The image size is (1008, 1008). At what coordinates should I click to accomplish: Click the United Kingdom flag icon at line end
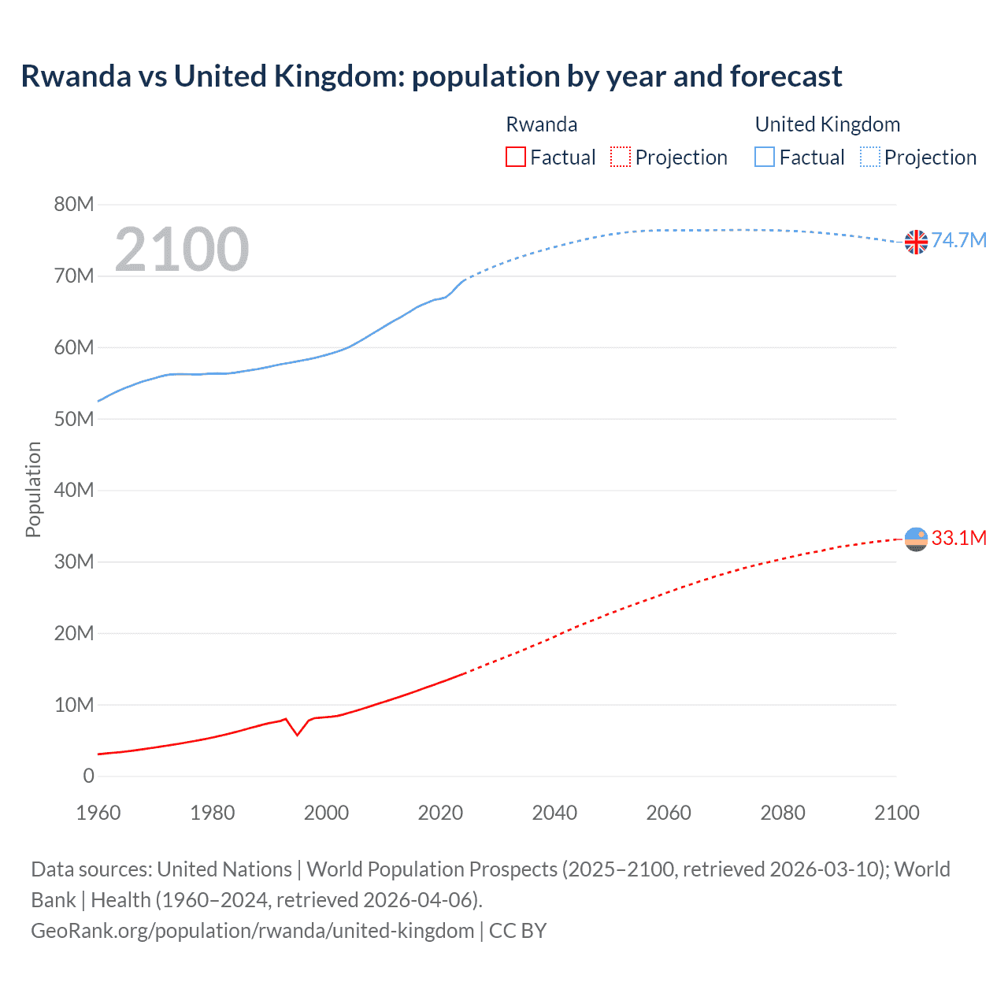916,242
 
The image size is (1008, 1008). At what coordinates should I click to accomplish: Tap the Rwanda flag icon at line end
916,539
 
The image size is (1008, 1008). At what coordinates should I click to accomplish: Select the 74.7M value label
958,240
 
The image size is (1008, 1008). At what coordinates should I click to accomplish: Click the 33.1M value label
958,538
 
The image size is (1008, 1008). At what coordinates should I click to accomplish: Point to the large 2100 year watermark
182,250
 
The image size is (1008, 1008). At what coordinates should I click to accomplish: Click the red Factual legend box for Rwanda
515,157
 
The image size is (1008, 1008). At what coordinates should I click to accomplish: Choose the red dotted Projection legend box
620,157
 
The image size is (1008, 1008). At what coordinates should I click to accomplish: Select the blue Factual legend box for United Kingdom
764,157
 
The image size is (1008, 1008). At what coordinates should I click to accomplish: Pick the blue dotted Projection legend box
869,157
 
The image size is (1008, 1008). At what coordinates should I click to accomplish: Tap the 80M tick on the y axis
74,205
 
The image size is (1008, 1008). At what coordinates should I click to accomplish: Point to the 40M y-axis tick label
74,491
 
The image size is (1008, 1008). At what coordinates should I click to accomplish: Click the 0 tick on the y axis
88,776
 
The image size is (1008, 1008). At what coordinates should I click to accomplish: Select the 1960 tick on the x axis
98,813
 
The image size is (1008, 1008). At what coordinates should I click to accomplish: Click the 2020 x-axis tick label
440,813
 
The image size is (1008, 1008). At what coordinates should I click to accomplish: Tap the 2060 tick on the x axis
669,813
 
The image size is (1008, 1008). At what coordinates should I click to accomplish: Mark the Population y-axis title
33,490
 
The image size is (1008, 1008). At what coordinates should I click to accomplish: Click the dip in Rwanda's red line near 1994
297,735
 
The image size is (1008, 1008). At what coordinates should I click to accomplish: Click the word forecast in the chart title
785,76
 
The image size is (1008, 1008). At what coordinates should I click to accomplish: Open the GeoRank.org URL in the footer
252,931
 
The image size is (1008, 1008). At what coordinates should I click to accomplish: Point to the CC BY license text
517,931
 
